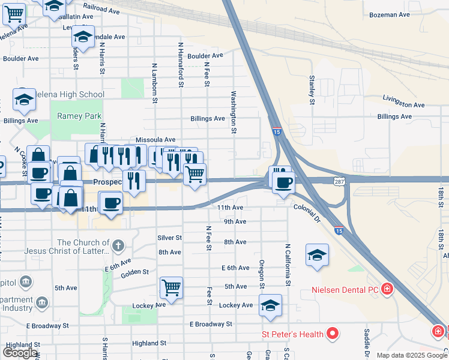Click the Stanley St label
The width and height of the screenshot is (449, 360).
point(312,89)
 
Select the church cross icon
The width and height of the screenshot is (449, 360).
point(118,245)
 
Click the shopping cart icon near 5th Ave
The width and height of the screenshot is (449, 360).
point(171,287)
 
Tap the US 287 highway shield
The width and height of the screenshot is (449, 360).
point(338,181)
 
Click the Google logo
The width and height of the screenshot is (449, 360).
point(20,353)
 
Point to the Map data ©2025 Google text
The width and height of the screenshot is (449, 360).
point(412,355)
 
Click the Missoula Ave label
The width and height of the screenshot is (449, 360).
point(155,139)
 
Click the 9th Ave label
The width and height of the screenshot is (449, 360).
point(235,221)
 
